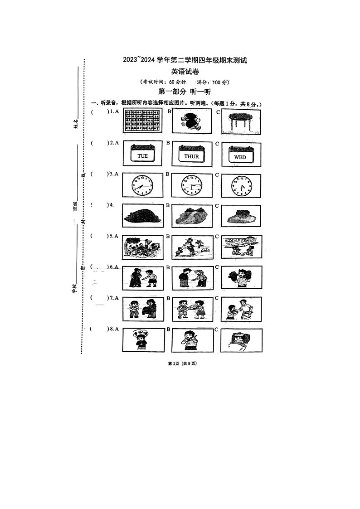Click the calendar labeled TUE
point(142,154)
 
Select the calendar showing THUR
point(192,155)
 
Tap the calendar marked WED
point(241,155)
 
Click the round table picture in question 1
point(241,121)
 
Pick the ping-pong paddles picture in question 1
point(192,121)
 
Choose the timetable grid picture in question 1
point(143,121)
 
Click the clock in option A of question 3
point(142,185)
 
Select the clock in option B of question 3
point(192,186)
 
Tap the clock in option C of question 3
point(241,186)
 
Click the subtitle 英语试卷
point(185,72)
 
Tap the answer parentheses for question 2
point(98,143)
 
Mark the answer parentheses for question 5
point(98,236)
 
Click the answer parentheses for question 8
point(98,329)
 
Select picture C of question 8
point(241,340)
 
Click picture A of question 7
point(142,309)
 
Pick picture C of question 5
point(241,247)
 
